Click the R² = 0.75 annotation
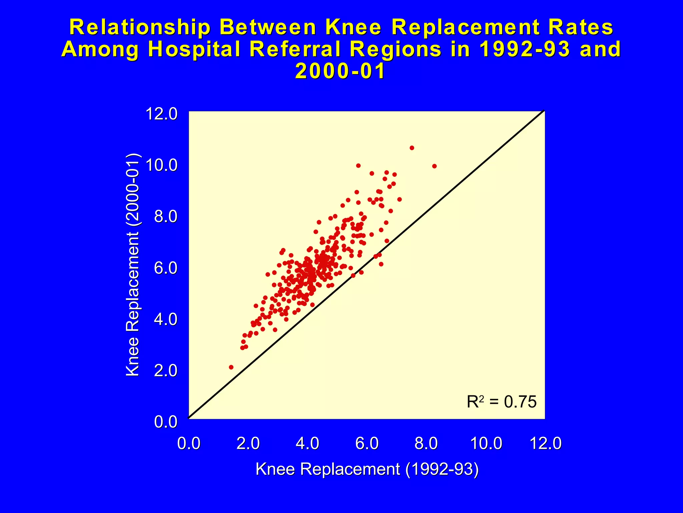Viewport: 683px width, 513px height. [501, 402]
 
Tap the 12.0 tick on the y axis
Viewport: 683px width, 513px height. [162, 114]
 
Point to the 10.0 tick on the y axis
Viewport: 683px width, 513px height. [162, 165]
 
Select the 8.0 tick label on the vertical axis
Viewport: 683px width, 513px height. [166, 217]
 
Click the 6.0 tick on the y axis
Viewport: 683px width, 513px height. [166, 268]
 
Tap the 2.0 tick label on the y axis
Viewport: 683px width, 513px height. [166, 371]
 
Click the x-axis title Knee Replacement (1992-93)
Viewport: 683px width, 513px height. [367, 469]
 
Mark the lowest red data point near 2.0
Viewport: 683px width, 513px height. [231, 367]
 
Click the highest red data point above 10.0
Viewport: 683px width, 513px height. [412, 148]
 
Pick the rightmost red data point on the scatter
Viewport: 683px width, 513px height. [434, 166]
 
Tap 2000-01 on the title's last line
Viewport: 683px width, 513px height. [340, 71]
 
